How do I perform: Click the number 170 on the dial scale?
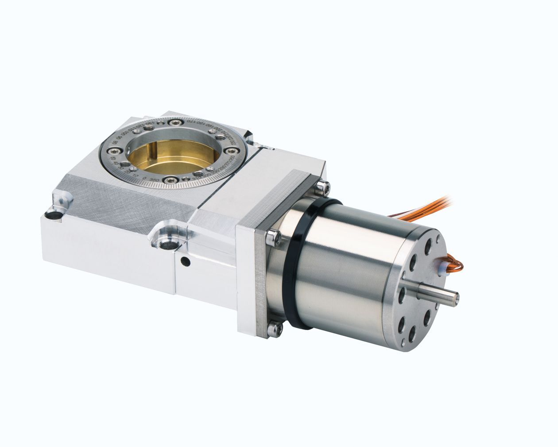[x=189, y=120]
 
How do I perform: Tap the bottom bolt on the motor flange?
[x=276, y=328]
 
